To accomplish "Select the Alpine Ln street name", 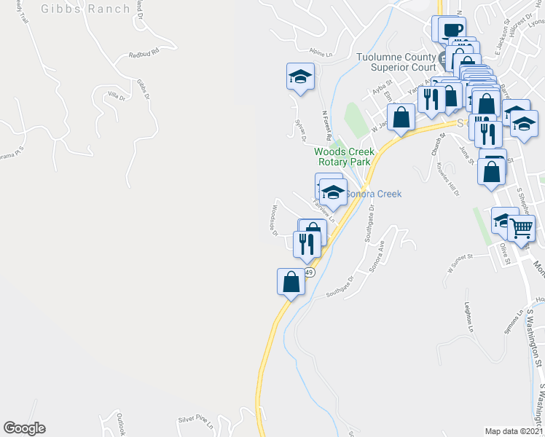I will [x=320, y=53].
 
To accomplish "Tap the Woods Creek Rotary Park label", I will [x=344, y=157].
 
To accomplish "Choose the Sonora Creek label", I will [x=374, y=194].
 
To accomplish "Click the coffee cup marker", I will [x=452, y=30].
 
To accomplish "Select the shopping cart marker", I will [x=522, y=228].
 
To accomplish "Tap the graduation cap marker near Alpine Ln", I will [x=299, y=76].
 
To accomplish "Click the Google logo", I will [x=24, y=428].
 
